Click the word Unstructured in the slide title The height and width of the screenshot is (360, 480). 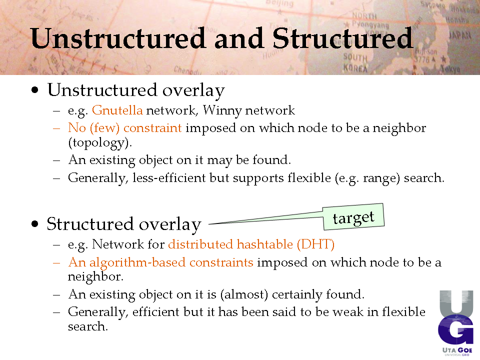(x=117, y=38)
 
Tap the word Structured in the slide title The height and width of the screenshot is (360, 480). (x=343, y=38)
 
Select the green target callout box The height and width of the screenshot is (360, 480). (x=353, y=216)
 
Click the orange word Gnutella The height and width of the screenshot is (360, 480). (x=117, y=110)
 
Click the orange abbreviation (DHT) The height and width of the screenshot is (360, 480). (x=315, y=244)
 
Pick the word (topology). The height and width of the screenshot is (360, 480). (x=100, y=143)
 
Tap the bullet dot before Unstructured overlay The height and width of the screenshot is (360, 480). (x=35, y=90)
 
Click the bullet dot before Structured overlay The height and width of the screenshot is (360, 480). (x=35, y=224)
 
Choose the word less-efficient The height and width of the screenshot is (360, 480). (x=169, y=178)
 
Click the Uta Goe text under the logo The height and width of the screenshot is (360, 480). (x=457, y=350)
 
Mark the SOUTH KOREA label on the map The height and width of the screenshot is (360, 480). (x=355, y=62)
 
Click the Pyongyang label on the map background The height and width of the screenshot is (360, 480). (x=370, y=25)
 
